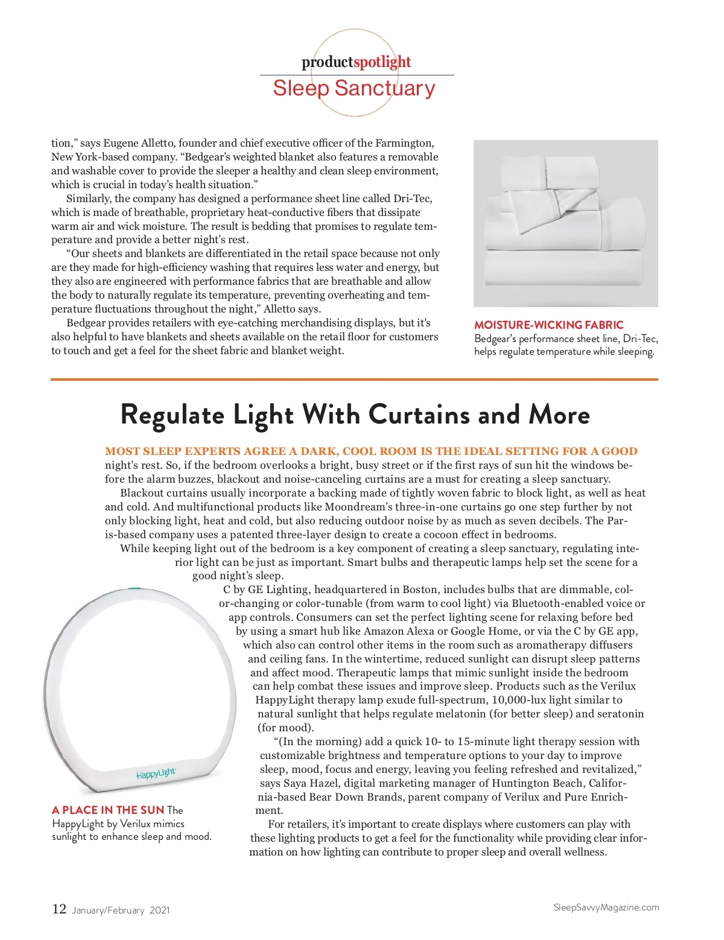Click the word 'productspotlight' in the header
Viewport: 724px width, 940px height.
point(356,62)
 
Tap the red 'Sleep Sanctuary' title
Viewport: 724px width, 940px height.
point(354,89)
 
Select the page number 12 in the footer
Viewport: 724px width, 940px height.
point(59,909)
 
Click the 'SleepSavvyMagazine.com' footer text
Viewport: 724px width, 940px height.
point(606,907)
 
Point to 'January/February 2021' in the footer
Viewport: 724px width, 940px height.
point(121,910)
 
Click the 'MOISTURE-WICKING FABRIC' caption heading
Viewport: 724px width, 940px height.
point(548,325)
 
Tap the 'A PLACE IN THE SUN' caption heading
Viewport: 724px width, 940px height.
point(108,810)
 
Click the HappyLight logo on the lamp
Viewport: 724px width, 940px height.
point(156,773)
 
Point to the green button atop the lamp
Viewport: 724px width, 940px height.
point(135,589)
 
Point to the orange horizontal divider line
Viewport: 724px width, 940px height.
point(354,379)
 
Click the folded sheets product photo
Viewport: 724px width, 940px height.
point(565,223)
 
